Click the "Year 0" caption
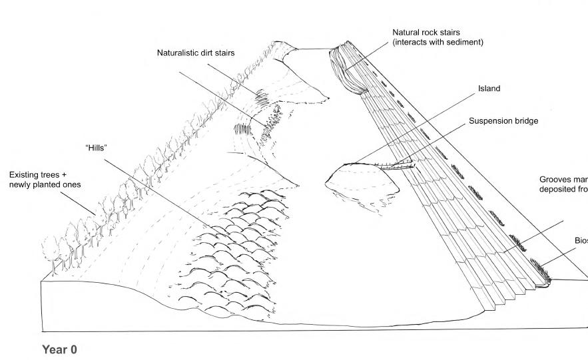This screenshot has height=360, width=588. (x=65, y=349)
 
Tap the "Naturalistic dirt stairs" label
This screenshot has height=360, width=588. (x=197, y=52)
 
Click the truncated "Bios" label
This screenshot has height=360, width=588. (x=581, y=240)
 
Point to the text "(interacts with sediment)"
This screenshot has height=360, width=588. (x=438, y=42)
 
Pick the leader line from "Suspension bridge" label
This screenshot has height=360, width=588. (x=433, y=142)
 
